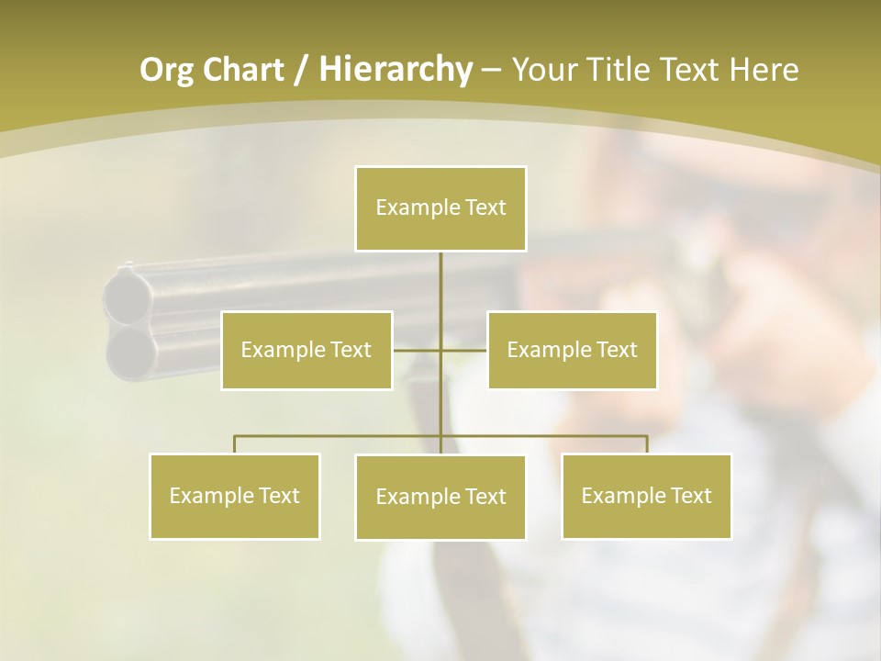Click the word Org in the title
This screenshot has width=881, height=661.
[165, 70]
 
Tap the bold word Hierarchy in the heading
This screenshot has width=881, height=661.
[395, 70]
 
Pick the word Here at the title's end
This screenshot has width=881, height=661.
[764, 70]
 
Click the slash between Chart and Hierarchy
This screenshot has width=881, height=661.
[300, 71]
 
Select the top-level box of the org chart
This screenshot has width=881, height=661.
[440, 208]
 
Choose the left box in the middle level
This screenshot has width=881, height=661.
[307, 350]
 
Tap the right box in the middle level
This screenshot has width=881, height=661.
[572, 350]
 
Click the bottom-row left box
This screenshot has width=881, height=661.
[234, 496]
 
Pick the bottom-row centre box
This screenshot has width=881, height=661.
[440, 497]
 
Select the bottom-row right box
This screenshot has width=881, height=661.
[646, 496]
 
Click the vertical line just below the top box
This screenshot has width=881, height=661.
[440, 280]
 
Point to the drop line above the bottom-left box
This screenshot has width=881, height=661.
[234, 444]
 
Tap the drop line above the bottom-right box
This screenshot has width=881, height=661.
[647, 444]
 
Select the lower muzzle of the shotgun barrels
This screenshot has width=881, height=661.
[128, 350]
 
